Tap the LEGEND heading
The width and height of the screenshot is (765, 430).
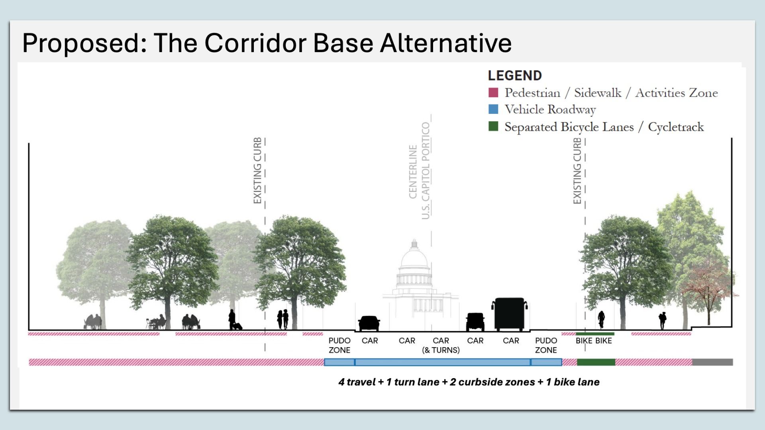514,76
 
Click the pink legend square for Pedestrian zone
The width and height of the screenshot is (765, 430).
493,93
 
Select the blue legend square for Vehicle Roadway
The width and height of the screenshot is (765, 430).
493,109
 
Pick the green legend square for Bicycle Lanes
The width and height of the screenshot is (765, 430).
493,127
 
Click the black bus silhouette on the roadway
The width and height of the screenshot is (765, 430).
510,315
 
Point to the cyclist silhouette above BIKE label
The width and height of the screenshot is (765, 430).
601,320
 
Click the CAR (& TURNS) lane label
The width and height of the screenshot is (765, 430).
441,345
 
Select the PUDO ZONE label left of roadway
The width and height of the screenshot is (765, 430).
339,345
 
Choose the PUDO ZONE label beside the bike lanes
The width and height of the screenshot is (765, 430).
546,345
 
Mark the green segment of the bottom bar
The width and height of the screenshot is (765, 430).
596,362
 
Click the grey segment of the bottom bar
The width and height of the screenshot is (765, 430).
712,362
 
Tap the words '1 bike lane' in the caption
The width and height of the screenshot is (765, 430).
573,382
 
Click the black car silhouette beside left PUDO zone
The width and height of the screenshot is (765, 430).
369,323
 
